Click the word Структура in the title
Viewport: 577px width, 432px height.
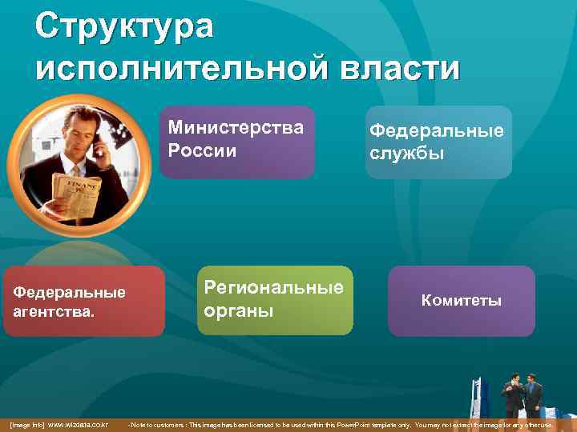(124, 26)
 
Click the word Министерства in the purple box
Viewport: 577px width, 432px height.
(236, 128)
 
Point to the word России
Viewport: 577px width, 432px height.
(202, 150)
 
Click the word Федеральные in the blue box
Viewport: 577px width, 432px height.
(436, 130)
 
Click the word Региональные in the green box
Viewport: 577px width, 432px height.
(273, 287)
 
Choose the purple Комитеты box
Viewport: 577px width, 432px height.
(461, 301)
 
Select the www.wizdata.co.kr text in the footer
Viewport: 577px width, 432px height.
(78, 424)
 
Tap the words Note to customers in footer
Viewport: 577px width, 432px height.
(164, 424)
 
